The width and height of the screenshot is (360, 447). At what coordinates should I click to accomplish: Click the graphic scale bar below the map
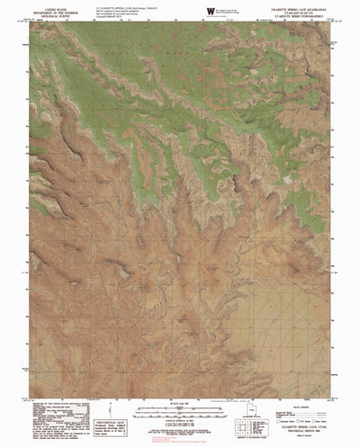[x=180, y=414]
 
